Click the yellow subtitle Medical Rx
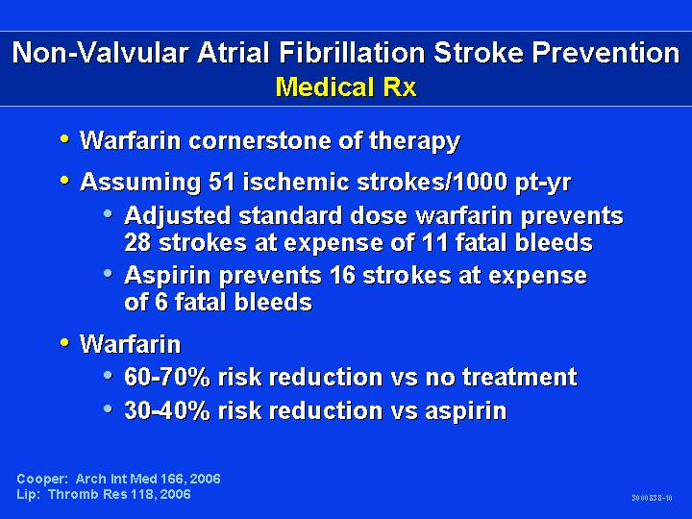346,86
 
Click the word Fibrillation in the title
352,53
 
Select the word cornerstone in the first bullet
260,140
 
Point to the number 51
222,182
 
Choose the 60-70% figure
167,378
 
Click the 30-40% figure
167,410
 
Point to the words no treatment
501,378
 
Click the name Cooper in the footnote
42,480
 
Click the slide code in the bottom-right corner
652,498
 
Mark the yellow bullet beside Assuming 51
65,180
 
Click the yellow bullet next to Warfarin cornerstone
65,139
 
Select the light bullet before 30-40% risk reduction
108,408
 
